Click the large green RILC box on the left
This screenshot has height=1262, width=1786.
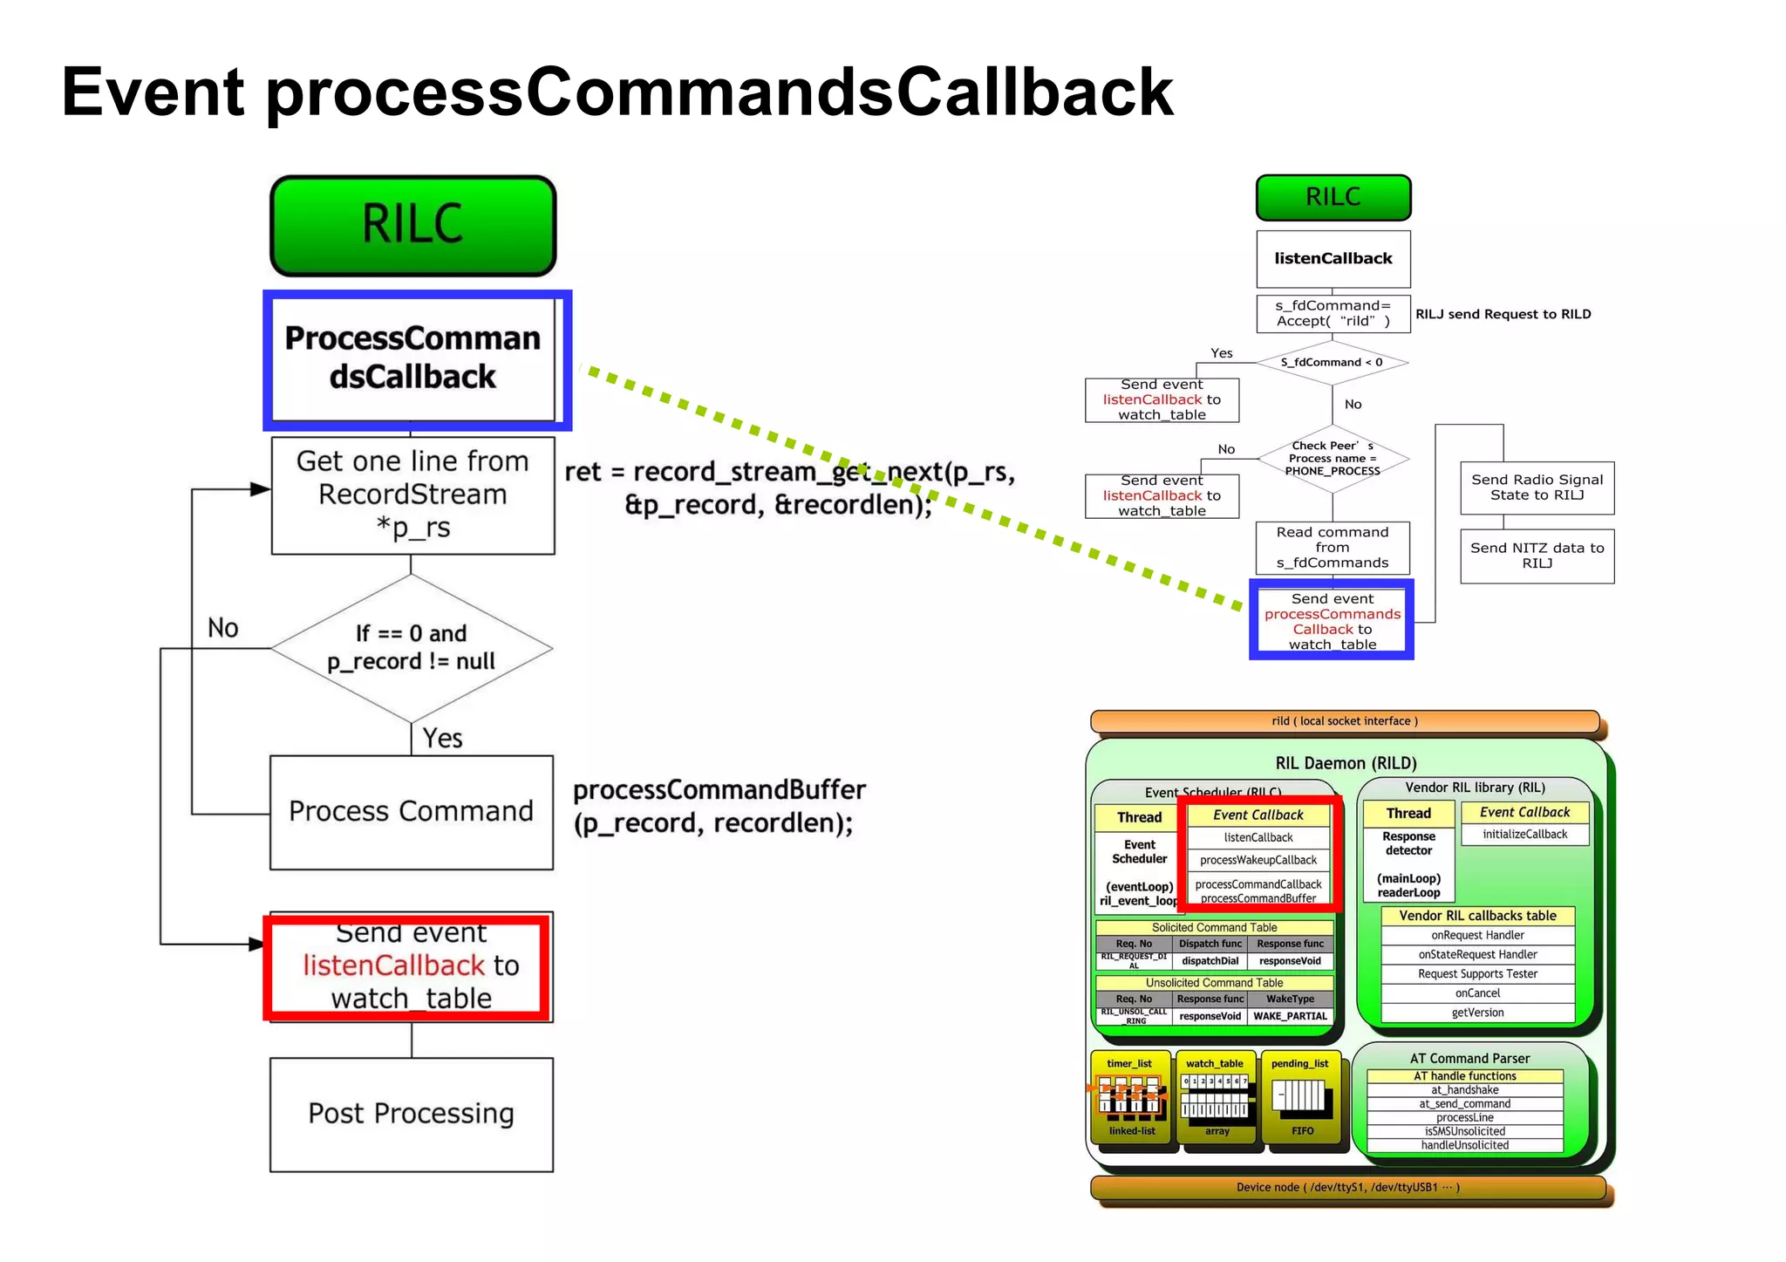(x=412, y=225)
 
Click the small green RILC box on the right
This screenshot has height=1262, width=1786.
(x=1333, y=197)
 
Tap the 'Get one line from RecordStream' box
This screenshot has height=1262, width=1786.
(x=412, y=495)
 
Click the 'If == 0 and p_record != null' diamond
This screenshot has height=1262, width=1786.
(x=411, y=648)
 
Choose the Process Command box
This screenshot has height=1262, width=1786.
(x=411, y=811)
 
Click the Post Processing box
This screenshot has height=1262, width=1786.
(x=411, y=1114)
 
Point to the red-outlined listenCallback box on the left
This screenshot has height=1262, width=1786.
(x=408, y=966)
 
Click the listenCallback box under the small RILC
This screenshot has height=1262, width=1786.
(x=1333, y=259)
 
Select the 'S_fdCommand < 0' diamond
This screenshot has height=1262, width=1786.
(x=1331, y=362)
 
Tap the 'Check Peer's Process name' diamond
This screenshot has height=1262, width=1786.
(x=1332, y=459)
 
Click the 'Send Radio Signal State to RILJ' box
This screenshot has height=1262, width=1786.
(x=1537, y=488)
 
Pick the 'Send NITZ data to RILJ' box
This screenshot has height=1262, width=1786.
(x=1537, y=556)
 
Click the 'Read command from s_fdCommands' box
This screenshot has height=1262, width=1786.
(x=1332, y=547)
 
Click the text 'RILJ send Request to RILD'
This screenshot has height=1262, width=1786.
(x=1503, y=314)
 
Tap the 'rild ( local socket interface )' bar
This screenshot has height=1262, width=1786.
(x=1344, y=721)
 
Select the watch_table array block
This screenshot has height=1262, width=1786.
(x=1216, y=1098)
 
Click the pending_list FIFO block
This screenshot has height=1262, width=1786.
(x=1300, y=1098)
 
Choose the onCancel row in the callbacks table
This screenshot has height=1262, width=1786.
(x=1477, y=993)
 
